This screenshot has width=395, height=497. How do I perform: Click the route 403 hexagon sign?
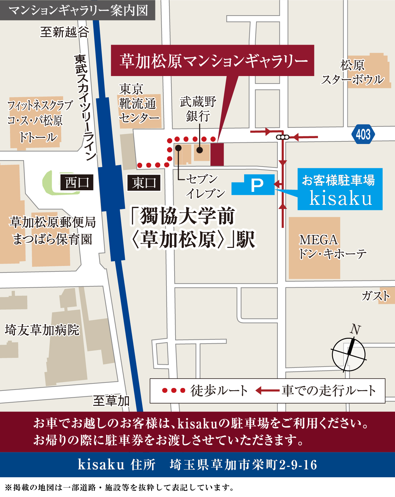tap(363, 134)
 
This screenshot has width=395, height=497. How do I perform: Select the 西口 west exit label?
tap(77, 182)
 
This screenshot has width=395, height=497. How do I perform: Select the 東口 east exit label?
tap(144, 183)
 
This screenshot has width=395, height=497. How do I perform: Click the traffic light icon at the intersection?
tap(283, 137)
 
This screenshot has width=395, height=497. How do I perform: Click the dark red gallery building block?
tap(217, 154)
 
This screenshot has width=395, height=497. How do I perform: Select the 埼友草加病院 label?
tap(42, 330)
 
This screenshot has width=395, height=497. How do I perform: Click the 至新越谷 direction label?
tap(64, 32)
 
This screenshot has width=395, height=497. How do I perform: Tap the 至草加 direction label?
tap(111, 401)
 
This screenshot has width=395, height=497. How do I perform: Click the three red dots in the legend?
tap(174, 391)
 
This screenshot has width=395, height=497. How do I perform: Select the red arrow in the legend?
tap(267, 391)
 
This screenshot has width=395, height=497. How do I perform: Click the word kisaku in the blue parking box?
tap(341, 198)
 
